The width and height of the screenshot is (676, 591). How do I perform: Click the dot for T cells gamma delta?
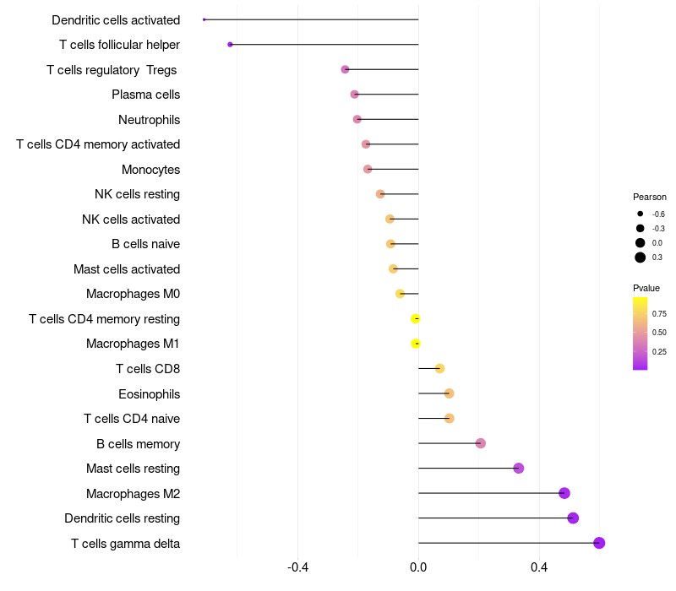coord(599,543)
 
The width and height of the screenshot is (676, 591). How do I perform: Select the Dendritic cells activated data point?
coord(204,19)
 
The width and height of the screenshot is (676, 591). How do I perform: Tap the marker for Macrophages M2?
coord(564,493)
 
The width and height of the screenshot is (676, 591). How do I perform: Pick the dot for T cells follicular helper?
coord(230,44)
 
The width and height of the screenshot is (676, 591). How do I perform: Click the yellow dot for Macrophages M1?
coord(416,344)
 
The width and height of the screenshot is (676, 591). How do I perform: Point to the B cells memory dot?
coord(481,443)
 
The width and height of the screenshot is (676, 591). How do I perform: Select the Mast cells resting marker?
coord(519,469)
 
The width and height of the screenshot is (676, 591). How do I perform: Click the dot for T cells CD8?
coord(439,368)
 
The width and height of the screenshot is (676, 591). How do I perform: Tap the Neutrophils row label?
coord(149,120)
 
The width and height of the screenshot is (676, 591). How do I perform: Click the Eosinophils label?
coord(149,393)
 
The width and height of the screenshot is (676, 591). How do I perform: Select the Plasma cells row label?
coord(145,95)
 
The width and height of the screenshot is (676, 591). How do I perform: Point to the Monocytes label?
coord(150,170)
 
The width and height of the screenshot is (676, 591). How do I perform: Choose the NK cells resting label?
coord(137,194)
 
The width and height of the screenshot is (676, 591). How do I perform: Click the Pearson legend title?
coord(650,197)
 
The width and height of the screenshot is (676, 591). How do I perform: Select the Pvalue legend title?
coord(646,288)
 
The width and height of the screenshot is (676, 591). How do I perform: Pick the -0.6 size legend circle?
coord(641,214)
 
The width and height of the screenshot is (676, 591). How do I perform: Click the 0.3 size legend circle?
coord(641,258)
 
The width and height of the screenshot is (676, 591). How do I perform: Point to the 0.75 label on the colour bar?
coord(659,313)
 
